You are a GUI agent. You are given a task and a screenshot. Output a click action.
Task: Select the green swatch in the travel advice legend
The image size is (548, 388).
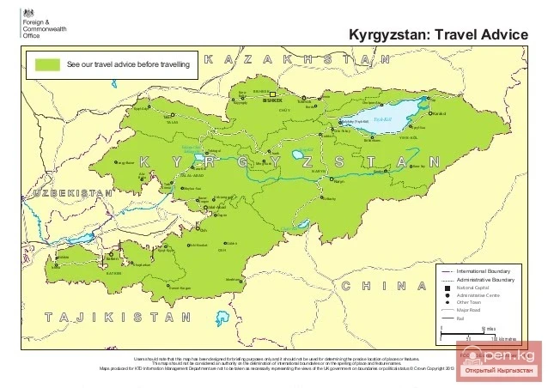click(x=47, y=64)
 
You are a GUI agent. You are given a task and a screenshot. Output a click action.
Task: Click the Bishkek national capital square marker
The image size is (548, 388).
click(x=272, y=94)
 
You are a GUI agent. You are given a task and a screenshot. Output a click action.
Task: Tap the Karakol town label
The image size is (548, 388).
click(x=440, y=113)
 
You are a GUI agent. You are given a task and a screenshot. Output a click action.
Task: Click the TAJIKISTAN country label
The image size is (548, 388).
click(x=118, y=317)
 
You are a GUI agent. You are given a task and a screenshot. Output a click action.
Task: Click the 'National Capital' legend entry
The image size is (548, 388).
click(x=475, y=288)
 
